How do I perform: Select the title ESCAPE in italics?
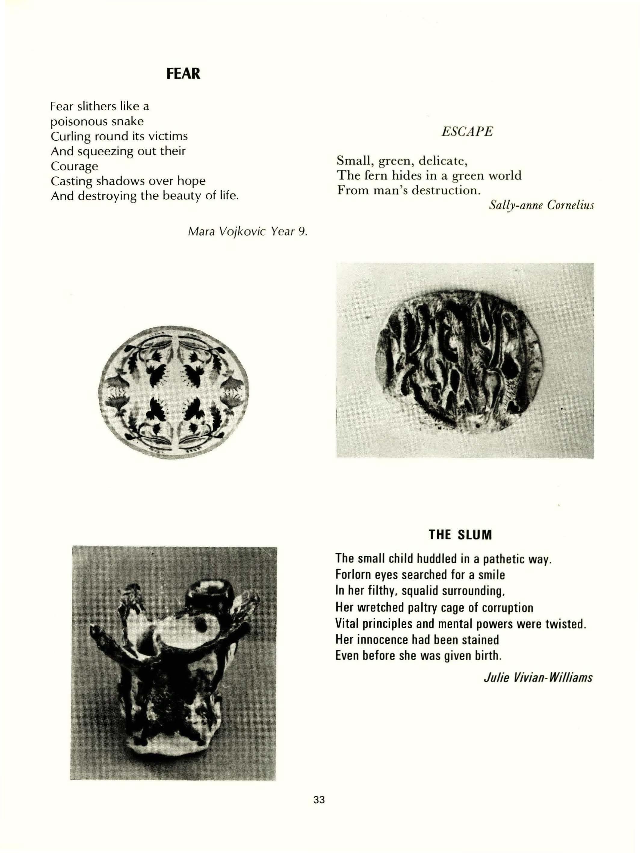467,132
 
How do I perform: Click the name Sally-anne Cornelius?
541,205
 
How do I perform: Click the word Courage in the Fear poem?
74,166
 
